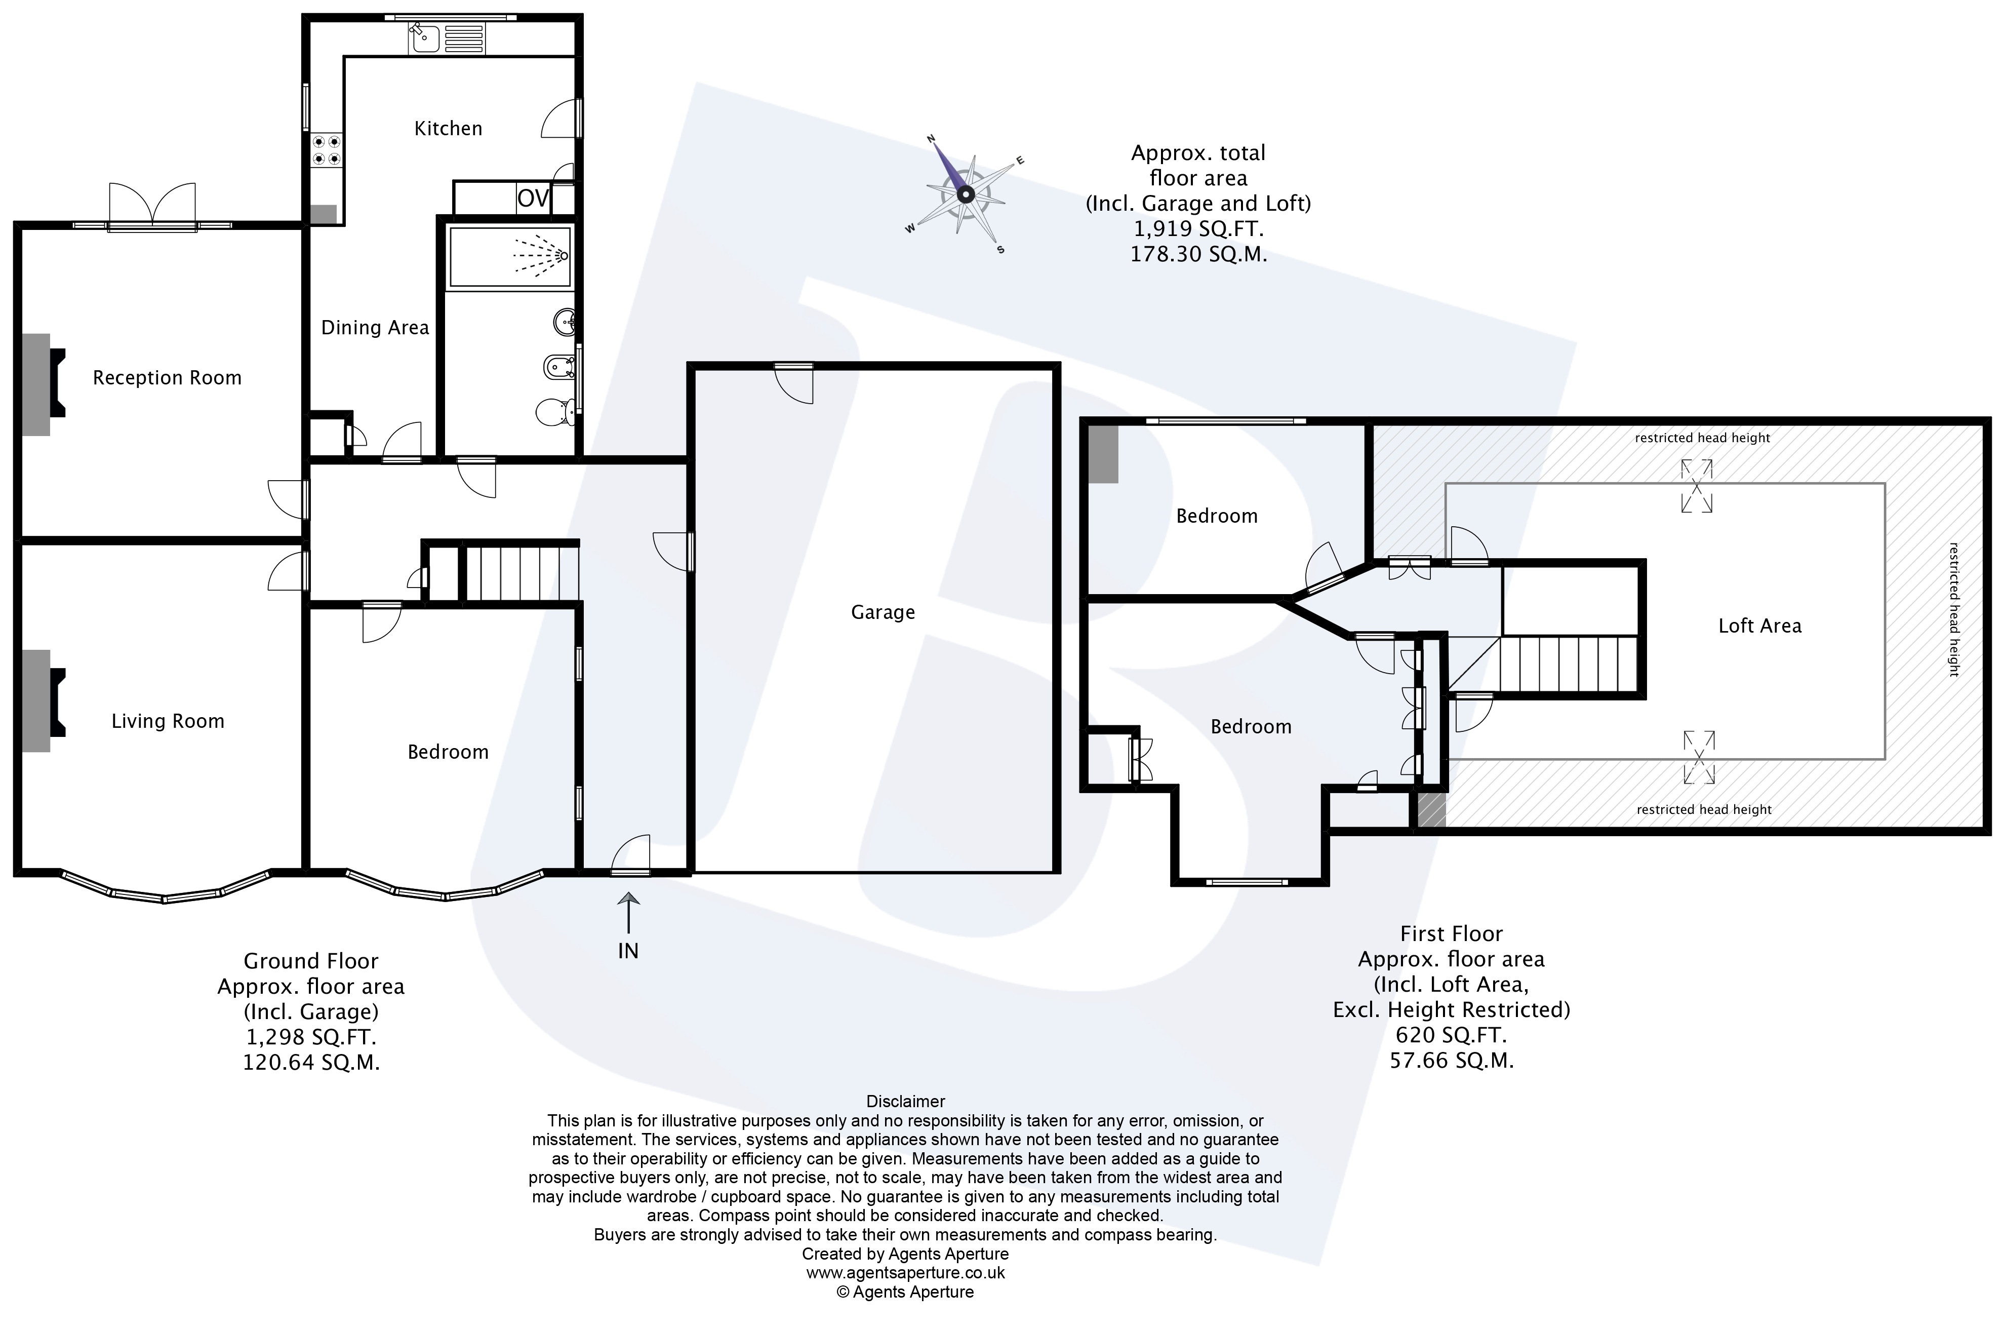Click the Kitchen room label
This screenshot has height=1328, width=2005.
coord(448,129)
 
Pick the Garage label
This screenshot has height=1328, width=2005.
coord(883,612)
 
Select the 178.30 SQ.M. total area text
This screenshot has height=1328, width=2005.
coord(1198,254)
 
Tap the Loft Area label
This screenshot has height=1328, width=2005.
coord(1759,626)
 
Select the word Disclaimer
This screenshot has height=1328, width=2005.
coord(905,1101)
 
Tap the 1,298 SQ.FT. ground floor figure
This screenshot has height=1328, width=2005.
coord(311,1037)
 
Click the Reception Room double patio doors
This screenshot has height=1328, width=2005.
coord(152,208)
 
